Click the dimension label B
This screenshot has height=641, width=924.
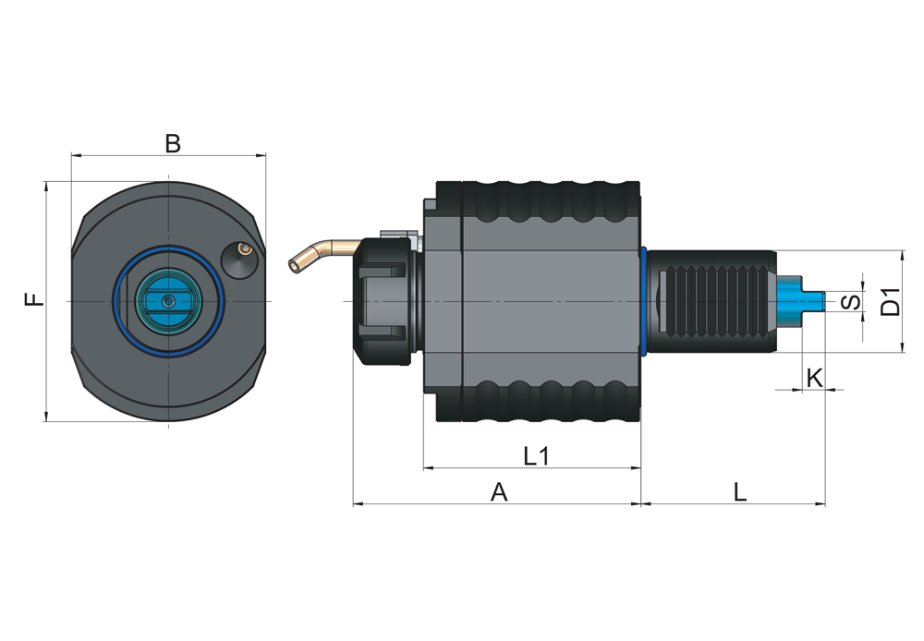(x=173, y=143)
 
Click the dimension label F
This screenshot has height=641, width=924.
(x=35, y=299)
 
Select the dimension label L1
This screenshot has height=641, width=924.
(x=537, y=455)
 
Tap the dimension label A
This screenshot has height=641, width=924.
(x=499, y=491)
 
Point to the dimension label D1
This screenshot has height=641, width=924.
(x=891, y=302)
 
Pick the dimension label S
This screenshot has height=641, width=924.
(x=850, y=302)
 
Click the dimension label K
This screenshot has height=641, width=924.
(x=814, y=378)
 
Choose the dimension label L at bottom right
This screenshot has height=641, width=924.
(x=740, y=491)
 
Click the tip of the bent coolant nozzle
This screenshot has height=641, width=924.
(x=293, y=266)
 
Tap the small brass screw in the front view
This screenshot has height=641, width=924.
(x=242, y=248)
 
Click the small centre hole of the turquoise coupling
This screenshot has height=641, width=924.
(x=170, y=301)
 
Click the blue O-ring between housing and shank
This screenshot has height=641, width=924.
(x=645, y=302)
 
